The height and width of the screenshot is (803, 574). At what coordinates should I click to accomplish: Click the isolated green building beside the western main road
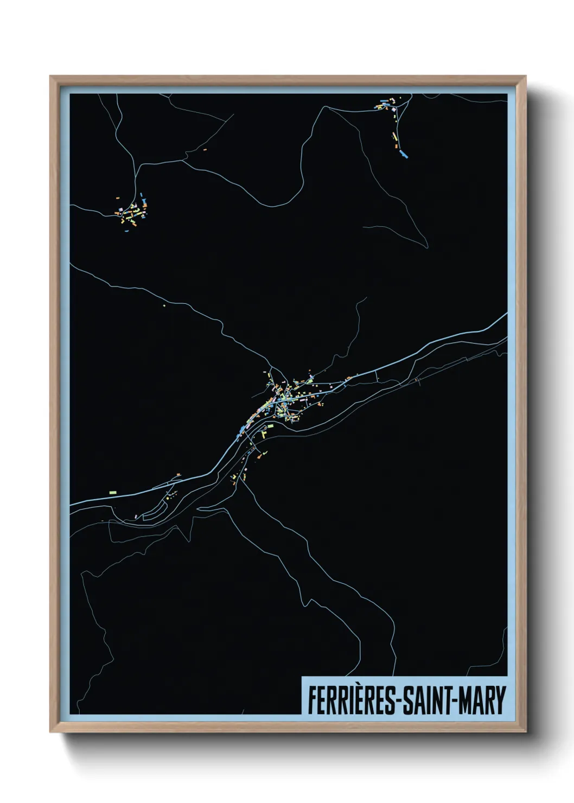click(x=113, y=491)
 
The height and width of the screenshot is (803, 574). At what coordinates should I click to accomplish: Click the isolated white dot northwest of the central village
click(x=164, y=305)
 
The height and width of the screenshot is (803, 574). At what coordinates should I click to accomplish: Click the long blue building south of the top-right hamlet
click(x=403, y=154)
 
